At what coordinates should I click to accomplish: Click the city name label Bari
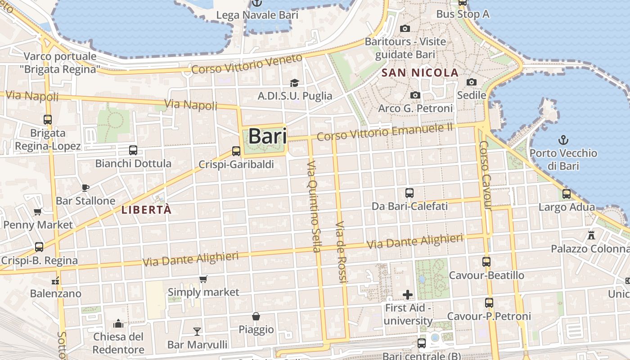tap(267, 136)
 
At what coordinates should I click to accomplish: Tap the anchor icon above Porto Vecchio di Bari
tap(563, 140)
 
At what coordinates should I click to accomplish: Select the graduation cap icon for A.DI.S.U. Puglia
tap(294, 83)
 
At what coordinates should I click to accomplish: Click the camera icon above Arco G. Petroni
tap(415, 95)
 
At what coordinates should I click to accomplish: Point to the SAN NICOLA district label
tap(420, 73)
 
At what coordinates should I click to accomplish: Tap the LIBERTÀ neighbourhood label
tap(147, 210)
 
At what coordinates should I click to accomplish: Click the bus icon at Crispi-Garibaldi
tap(236, 151)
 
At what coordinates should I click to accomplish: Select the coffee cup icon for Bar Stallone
tap(85, 188)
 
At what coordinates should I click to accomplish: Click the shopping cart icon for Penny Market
tap(38, 211)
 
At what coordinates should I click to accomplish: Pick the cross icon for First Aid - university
tap(408, 295)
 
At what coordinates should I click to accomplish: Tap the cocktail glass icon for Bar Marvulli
tap(197, 332)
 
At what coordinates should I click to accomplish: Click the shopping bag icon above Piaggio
tap(256, 316)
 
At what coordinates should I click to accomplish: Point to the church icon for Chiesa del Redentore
tap(118, 324)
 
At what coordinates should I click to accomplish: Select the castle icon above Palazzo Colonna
tap(591, 235)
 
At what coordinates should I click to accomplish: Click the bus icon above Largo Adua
tap(567, 194)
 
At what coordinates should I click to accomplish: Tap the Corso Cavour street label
tap(485, 175)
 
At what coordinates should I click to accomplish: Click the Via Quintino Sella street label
tap(313, 206)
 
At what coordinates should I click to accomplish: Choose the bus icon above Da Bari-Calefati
tap(409, 193)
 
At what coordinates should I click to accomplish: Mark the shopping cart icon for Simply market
tap(203, 279)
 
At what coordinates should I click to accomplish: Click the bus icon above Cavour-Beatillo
tap(486, 262)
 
